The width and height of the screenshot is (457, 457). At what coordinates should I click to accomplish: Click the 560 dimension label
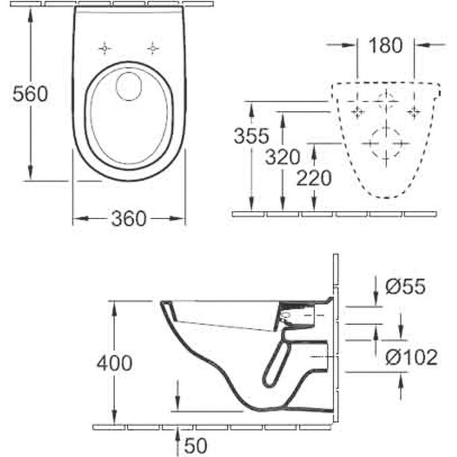[x=30, y=95]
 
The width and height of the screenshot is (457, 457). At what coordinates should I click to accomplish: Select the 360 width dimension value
[x=128, y=218]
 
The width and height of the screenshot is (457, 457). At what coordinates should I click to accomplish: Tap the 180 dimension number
[x=386, y=46]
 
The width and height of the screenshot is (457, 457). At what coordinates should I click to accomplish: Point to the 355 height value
[x=251, y=136]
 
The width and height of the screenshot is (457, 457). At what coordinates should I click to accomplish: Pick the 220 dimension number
[x=314, y=178]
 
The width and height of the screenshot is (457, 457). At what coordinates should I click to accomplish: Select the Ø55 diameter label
[x=405, y=287]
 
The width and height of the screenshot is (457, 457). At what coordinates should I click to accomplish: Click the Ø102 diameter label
[x=411, y=356]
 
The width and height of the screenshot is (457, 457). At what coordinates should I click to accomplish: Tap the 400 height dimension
[x=114, y=364]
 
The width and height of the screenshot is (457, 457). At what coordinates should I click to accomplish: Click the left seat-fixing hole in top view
[x=104, y=48]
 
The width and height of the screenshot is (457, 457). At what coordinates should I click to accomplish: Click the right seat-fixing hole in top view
[x=154, y=48]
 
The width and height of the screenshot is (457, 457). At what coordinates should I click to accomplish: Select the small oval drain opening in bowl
[x=128, y=85]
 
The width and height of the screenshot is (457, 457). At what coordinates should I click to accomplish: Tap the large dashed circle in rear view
[x=385, y=142]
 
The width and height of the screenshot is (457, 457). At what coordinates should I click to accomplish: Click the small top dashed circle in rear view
[x=386, y=101]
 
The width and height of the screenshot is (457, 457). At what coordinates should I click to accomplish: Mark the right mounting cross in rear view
[x=414, y=110]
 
